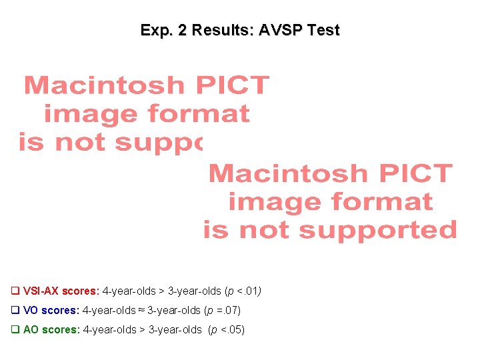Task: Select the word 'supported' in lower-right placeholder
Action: tap(378, 231)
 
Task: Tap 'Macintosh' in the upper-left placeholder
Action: tap(103, 85)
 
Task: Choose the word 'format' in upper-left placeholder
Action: tap(198, 114)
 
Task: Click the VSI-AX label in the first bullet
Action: tap(41, 291)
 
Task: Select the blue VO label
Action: tap(31, 310)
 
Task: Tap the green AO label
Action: tap(31, 329)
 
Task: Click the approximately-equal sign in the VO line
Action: tap(142, 310)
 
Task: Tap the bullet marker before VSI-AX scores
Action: tap(15, 291)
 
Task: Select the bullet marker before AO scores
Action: tap(15, 329)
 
